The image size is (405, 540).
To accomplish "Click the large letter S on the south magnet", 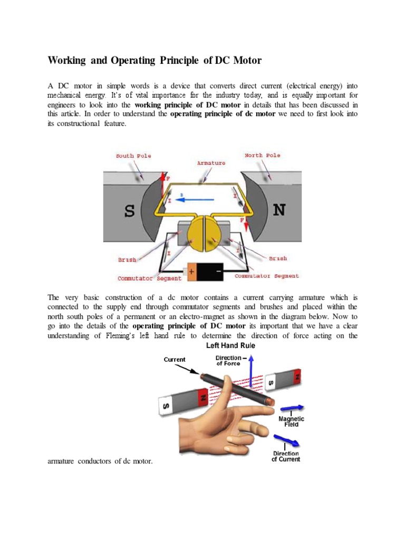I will point(129,211).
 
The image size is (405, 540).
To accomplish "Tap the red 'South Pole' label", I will point(133,156).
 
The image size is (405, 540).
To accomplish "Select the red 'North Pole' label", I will point(263,156).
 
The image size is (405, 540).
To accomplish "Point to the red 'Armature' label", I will point(211,163).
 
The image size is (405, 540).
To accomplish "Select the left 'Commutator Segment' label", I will point(149,278).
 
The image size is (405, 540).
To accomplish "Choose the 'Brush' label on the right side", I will point(278,258).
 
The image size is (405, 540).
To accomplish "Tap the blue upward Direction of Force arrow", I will point(252,372).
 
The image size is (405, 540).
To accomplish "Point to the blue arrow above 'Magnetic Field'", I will point(293,408).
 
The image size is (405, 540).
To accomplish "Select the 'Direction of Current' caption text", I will point(286,456).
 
